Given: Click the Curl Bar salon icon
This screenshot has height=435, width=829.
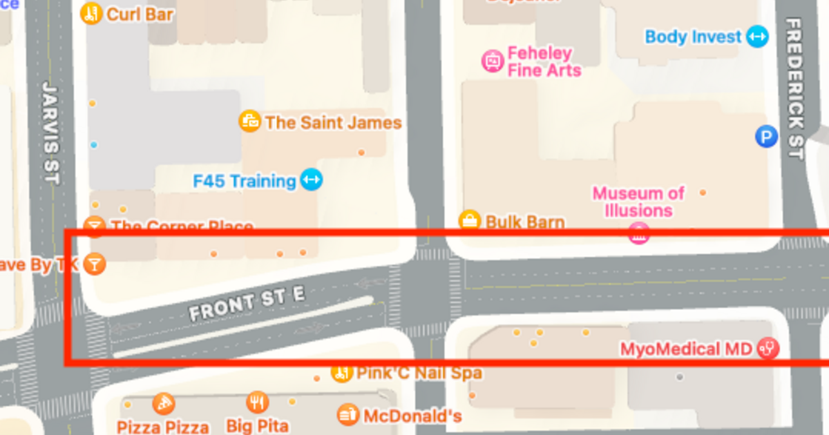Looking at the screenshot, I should point(91,13).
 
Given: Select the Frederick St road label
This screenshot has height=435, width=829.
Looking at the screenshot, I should point(795,88).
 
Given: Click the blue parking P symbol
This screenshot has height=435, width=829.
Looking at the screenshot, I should point(765,137).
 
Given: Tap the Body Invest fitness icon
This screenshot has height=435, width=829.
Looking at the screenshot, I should point(757,37).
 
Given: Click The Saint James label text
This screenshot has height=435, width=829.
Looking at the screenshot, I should point(333,123).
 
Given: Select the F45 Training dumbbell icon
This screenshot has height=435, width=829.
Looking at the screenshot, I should point(312,181).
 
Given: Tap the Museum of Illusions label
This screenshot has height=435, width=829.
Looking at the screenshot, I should point(638,202).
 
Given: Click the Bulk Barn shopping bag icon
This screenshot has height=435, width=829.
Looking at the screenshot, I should point(470,221).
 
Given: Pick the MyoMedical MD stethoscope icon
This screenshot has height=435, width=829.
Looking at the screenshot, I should point(768,348).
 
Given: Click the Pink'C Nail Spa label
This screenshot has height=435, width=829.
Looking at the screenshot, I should point(419,374).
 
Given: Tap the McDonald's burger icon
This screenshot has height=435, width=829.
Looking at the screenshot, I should point(348,415).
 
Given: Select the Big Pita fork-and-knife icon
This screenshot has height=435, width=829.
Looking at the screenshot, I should point(257,402).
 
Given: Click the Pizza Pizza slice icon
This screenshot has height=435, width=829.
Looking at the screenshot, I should point(163,403).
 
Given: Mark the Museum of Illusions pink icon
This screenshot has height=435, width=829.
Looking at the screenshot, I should point(638,233).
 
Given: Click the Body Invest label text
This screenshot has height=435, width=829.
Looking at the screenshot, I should point(693,37).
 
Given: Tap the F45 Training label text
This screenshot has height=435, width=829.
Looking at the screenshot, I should point(245,181).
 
